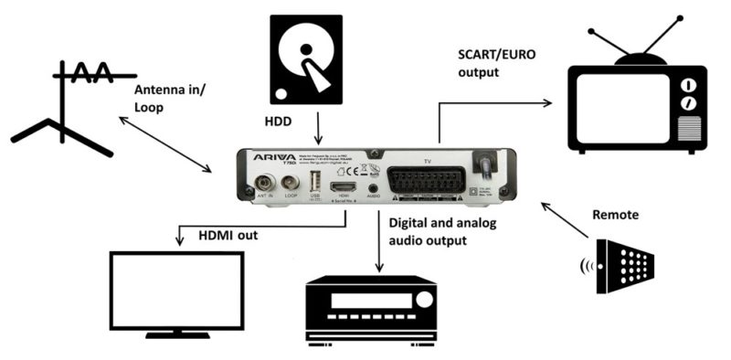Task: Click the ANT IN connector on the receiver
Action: (x=267, y=181)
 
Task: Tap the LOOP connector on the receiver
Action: (x=291, y=181)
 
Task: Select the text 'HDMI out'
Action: (x=228, y=235)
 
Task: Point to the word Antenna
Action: (x=157, y=90)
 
